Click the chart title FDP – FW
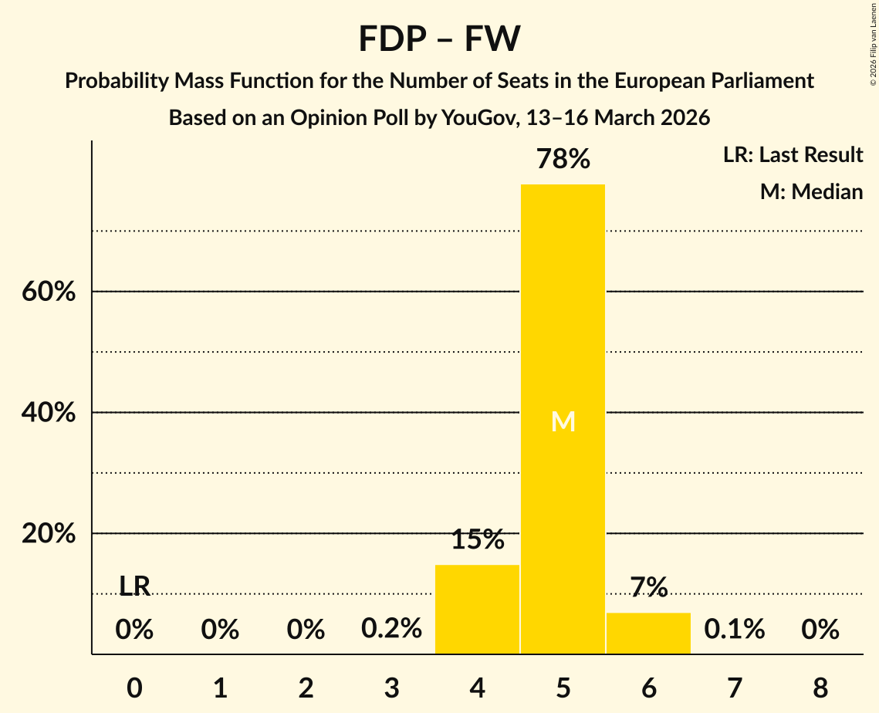pos(439,39)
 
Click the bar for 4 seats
pos(477,609)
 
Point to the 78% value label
pos(563,160)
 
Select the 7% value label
pos(648,588)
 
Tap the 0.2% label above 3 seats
pos(391,629)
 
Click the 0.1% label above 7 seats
pos(734,629)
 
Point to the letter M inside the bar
pos(563,421)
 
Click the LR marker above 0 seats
pos(134,586)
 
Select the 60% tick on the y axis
pos(49,292)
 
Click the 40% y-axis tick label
pos(49,413)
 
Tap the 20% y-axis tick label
pos(49,534)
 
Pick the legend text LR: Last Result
pos(793,155)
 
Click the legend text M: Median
pos(811,191)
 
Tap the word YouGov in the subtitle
pos(480,118)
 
